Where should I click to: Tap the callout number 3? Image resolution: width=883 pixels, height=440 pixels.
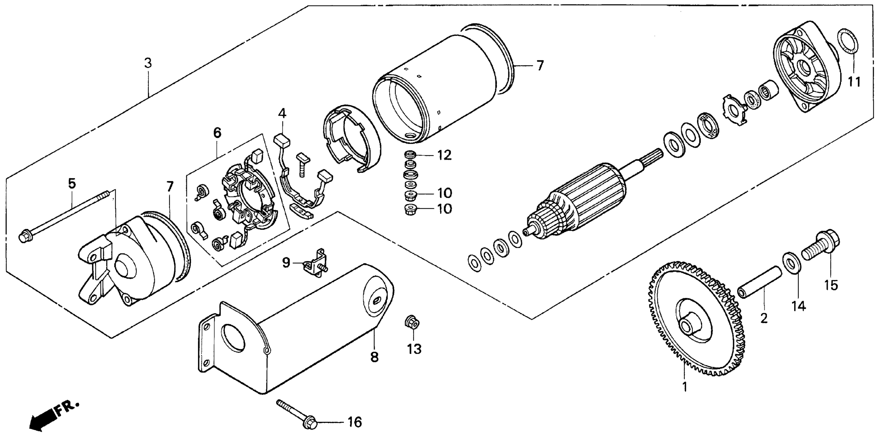click(x=148, y=63)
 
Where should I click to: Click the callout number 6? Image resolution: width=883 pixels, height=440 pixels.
click(x=217, y=133)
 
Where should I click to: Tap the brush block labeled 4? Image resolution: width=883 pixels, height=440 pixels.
click(x=282, y=140)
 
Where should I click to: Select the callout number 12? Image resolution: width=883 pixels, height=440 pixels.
click(x=444, y=155)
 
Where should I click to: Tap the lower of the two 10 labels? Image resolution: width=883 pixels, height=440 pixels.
click(x=444, y=209)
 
